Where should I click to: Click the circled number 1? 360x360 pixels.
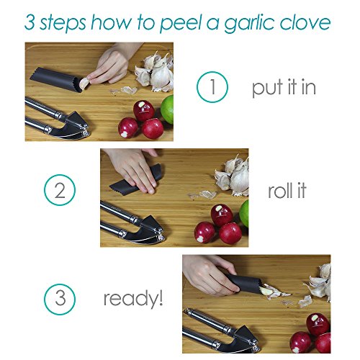click(x=212, y=87)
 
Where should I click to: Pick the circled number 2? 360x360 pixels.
click(x=60, y=190)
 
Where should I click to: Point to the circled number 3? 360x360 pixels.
click(x=60, y=299)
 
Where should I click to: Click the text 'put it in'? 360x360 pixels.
click(x=284, y=88)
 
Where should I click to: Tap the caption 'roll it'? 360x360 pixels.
click(x=287, y=190)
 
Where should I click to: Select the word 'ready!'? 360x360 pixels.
click(x=133, y=299)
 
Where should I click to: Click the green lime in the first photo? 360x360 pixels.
click(x=168, y=109)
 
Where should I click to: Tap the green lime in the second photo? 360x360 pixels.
click(x=244, y=213)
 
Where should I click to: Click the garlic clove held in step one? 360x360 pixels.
click(x=84, y=83)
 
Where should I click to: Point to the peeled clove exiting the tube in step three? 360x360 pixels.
click(x=266, y=291)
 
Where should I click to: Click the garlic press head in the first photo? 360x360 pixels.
click(x=73, y=126)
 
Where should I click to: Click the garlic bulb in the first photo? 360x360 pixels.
click(x=156, y=72)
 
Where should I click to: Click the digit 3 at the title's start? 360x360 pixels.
click(x=30, y=22)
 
